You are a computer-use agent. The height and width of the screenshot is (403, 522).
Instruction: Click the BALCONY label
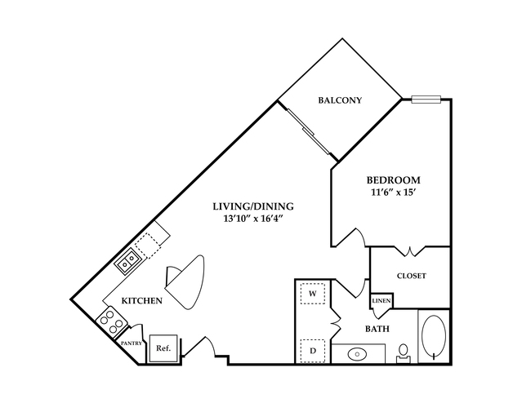(340, 100)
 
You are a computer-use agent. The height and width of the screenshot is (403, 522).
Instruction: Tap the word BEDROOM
(393, 180)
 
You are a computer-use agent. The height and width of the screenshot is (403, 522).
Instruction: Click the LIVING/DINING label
(253, 206)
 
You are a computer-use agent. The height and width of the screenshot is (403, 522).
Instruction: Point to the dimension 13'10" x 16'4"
(253, 219)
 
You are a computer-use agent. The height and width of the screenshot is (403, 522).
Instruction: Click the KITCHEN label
(142, 300)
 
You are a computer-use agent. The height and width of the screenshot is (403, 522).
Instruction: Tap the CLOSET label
(412, 276)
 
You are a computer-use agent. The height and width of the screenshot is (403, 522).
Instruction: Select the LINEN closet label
(381, 301)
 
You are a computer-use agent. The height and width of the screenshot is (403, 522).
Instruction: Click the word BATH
(377, 329)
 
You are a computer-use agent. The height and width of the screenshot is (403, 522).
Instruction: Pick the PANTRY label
(132, 343)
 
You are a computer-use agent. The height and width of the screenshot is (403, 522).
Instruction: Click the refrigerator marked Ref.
(163, 348)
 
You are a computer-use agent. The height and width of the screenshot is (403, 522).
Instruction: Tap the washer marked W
(313, 293)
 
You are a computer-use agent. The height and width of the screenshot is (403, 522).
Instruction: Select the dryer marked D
(313, 351)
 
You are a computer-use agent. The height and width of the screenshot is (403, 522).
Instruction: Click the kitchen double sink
(127, 261)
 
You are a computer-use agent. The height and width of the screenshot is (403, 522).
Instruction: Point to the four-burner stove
(112, 321)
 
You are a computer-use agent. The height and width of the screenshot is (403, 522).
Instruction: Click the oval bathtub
(434, 335)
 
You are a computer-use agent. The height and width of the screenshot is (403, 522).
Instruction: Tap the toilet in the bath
(404, 353)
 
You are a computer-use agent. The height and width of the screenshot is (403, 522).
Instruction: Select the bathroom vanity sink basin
(357, 354)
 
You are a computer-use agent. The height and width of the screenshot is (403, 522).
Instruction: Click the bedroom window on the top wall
(426, 99)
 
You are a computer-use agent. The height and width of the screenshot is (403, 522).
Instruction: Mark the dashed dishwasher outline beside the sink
(149, 246)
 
